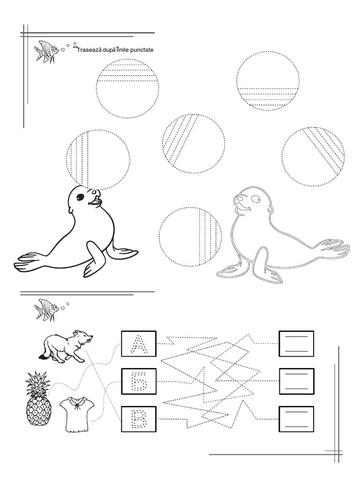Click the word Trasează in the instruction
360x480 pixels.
[x=90, y=49]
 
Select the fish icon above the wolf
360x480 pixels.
[x=46, y=310]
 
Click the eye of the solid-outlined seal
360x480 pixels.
[x=80, y=197]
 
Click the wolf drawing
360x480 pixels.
[x=66, y=346]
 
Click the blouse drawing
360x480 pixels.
[x=76, y=414]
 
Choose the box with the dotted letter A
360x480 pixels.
[x=139, y=344]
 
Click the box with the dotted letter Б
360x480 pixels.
[x=139, y=382]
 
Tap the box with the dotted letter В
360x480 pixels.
[x=139, y=419]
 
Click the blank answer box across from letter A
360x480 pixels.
[x=296, y=344]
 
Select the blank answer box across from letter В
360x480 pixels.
[x=296, y=419]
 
